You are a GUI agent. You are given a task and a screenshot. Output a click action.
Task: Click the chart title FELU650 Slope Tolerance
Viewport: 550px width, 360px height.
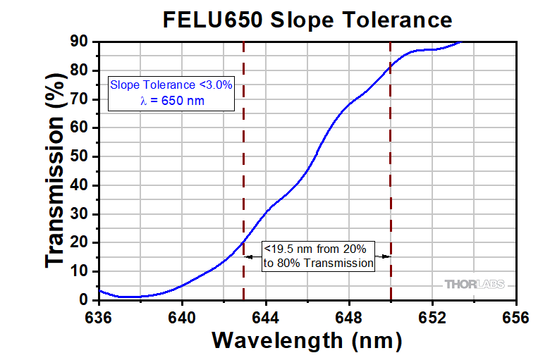307,19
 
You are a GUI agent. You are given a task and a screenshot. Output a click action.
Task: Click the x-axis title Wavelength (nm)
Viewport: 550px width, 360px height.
307,340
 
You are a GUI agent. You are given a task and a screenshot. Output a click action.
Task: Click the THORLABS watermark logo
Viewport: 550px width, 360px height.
475,285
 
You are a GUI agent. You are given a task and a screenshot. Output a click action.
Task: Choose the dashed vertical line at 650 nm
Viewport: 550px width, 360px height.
391,176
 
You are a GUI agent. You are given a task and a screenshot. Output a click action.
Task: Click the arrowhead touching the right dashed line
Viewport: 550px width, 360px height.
386,256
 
